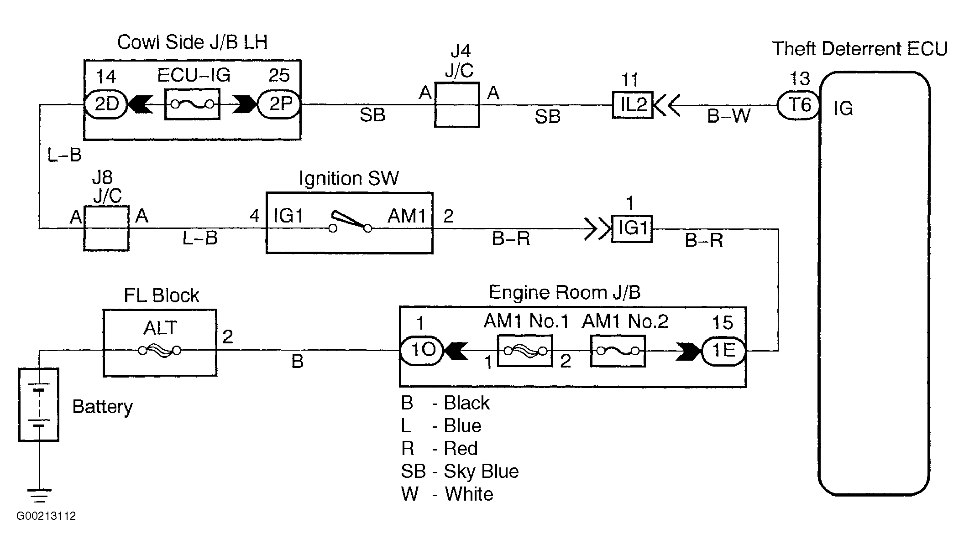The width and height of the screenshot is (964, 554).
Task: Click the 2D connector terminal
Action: pyautogui.click(x=106, y=104)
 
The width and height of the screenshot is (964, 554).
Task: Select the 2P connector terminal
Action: pyautogui.click(x=279, y=104)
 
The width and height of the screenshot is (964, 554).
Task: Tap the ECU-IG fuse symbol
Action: pyautogui.click(x=192, y=104)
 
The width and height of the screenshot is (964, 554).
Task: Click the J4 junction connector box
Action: pyautogui.click(x=456, y=104)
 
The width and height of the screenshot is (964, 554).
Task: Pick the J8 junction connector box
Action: pyautogui.click(x=106, y=228)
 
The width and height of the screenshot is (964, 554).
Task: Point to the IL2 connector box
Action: pyautogui.click(x=633, y=105)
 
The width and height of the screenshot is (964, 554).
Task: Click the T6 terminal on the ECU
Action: pyautogui.click(x=798, y=105)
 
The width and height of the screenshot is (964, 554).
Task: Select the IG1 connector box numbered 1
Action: pyautogui.click(x=632, y=228)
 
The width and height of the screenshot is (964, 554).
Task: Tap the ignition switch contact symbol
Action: pyautogui.click(x=350, y=222)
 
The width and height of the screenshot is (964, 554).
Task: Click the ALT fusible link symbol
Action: pyautogui.click(x=160, y=350)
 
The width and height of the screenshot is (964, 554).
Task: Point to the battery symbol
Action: pyautogui.click(x=39, y=404)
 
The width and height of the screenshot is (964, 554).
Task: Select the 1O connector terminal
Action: pyautogui.click(x=421, y=351)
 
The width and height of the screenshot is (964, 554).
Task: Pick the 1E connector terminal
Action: pyautogui.click(x=723, y=351)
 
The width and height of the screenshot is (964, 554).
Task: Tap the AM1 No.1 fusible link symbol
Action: pyautogui.click(x=525, y=351)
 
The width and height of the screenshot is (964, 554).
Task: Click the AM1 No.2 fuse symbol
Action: pyautogui.click(x=618, y=351)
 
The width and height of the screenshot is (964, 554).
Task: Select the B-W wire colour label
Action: pyautogui.click(x=728, y=116)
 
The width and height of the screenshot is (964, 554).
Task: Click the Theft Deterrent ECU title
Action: pyautogui.click(x=860, y=49)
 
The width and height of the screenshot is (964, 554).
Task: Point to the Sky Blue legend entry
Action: pyautogui.click(x=460, y=471)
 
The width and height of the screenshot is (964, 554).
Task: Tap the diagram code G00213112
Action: pyautogui.click(x=46, y=516)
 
